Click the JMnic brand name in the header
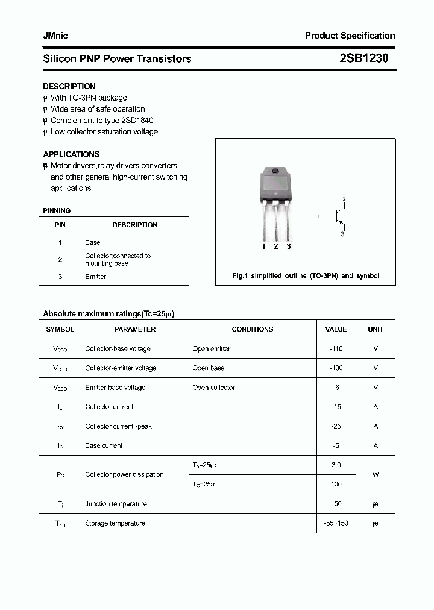point(55,36)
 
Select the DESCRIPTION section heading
point(69,86)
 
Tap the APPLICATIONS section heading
point(71,154)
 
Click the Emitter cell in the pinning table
point(95,277)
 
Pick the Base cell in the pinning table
point(92,242)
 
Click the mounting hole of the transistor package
point(275,172)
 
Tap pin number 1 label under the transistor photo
point(263,247)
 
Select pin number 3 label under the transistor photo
point(289,247)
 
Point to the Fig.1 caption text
point(306,275)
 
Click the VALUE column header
point(336,329)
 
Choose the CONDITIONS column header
point(252,329)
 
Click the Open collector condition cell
point(213,388)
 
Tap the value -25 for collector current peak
point(336,426)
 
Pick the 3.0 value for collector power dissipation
point(336,465)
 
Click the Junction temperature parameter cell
point(116,504)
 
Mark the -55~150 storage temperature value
point(336,523)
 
